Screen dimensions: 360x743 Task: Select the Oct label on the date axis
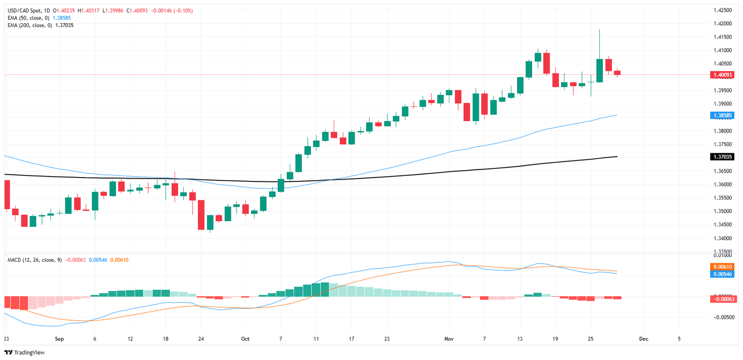245,339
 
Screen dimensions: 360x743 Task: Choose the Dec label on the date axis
643,339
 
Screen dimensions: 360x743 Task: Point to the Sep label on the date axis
59,339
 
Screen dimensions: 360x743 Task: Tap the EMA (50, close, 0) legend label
28,17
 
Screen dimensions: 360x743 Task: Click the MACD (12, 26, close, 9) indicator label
34,260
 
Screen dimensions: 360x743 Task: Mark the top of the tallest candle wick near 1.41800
599,30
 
